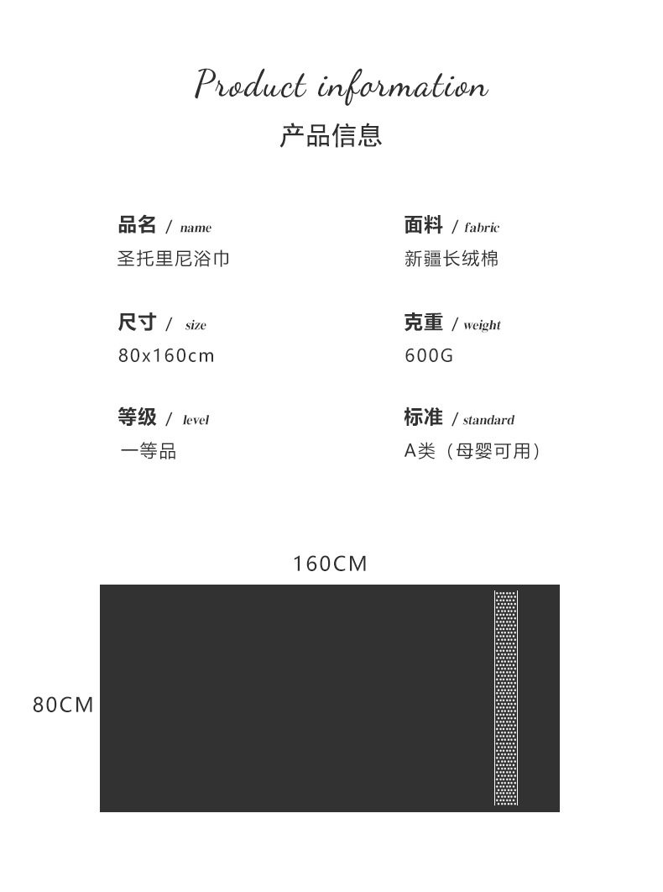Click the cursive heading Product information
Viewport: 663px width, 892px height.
coord(341,86)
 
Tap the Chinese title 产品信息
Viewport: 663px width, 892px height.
coord(331,135)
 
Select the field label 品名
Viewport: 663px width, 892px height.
coord(138,225)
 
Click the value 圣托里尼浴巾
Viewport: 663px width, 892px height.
coord(173,259)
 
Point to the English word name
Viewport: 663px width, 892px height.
coord(196,228)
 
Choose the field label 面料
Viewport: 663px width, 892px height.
coord(424,225)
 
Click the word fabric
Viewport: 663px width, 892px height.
coord(482,228)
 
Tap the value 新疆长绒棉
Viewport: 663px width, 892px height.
coord(452,259)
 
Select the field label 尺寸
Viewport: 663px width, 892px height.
coord(138,323)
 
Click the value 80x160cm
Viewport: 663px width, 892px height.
coord(166,356)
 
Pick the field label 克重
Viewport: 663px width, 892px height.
coord(424,323)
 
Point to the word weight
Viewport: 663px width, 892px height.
coord(482,325)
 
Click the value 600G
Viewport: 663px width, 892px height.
coord(429,356)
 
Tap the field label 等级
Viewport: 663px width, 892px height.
coord(138,417)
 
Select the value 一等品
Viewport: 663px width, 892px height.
coord(148,452)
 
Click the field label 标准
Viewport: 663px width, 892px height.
coord(424,417)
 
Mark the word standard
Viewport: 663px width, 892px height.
coord(488,420)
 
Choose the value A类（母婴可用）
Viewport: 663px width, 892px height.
coord(472,452)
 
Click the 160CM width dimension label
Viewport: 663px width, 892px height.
coord(330,564)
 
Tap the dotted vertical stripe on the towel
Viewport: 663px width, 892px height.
coord(506,698)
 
